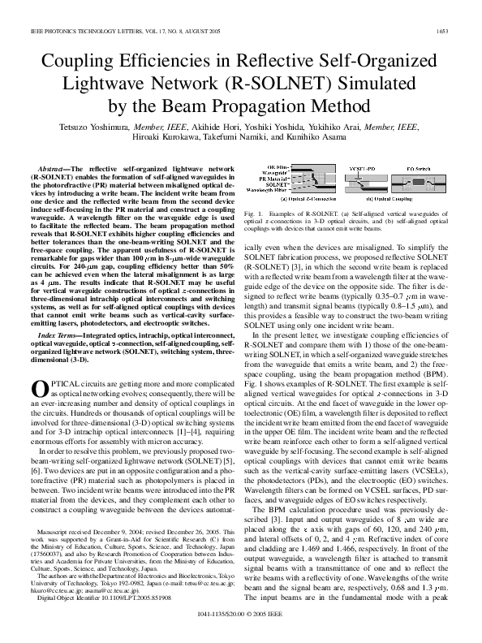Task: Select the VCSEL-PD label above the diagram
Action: (362, 166)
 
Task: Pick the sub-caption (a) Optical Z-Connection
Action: (308, 198)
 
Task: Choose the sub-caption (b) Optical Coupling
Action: (392, 198)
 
